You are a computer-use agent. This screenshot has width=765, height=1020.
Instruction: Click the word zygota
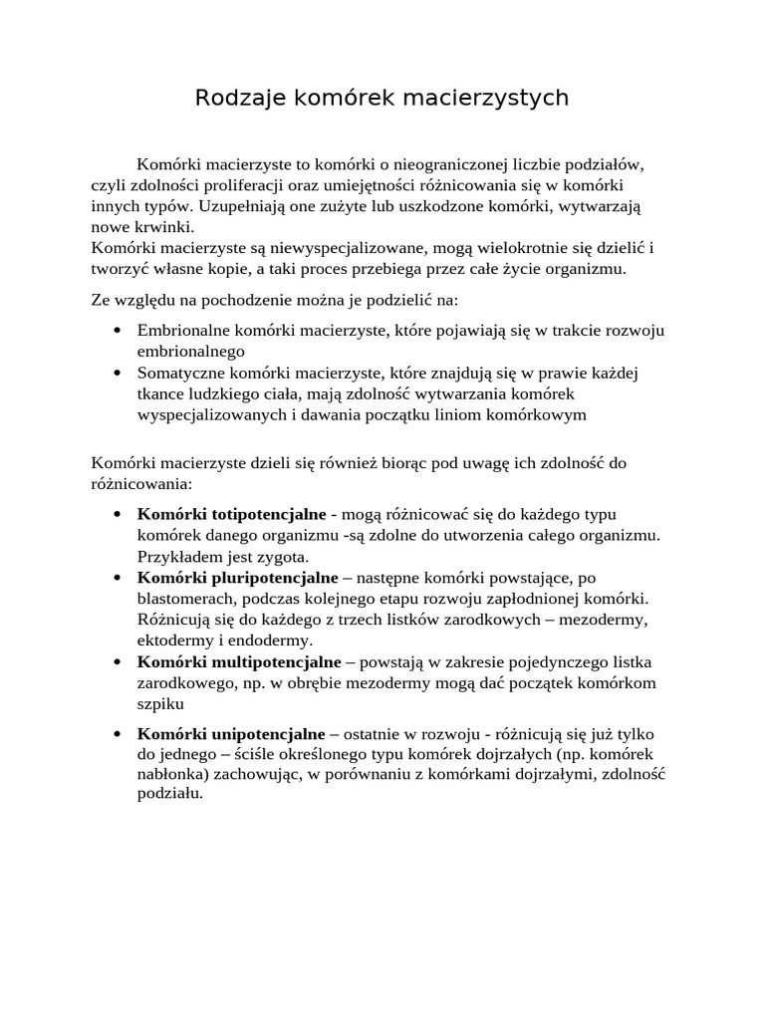(285, 556)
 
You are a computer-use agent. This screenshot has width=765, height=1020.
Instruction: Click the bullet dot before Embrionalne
(118, 331)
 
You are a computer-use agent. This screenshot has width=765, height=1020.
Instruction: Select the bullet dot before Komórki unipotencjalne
(118, 735)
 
